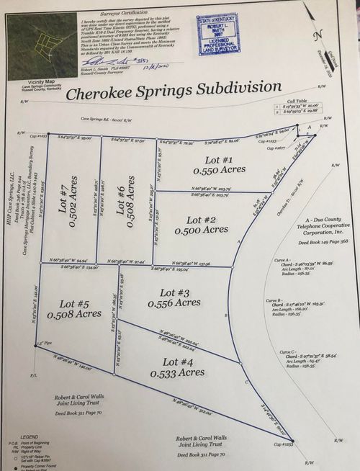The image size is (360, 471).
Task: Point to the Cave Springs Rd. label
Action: (x=95, y=120)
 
